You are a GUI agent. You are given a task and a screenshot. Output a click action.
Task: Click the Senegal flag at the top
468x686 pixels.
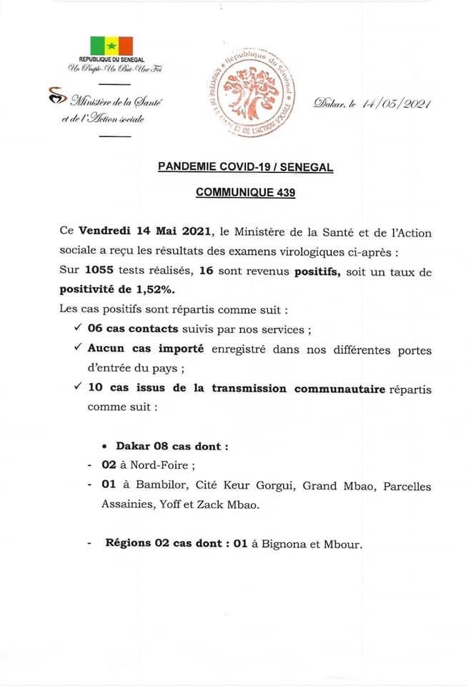[111, 44]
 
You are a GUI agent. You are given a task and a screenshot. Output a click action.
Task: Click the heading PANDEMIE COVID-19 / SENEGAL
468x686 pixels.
[246, 166]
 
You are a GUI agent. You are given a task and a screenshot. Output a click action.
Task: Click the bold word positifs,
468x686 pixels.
[320, 272]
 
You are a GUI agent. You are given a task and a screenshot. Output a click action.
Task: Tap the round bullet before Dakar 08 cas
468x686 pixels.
[104, 447]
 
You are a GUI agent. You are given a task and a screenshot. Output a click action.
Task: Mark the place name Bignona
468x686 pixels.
[290, 544]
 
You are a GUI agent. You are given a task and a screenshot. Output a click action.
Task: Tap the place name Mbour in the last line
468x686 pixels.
[343, 544]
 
